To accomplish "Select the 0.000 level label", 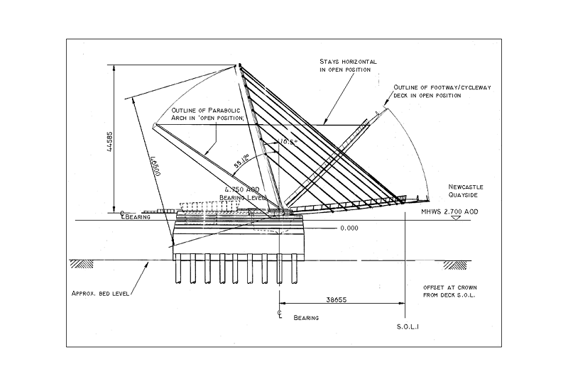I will tap(348, 228).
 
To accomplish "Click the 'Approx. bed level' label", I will tap(99, 293).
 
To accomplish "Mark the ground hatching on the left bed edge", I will tap(82, 264).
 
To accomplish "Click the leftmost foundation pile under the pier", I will tap(178, 270).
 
